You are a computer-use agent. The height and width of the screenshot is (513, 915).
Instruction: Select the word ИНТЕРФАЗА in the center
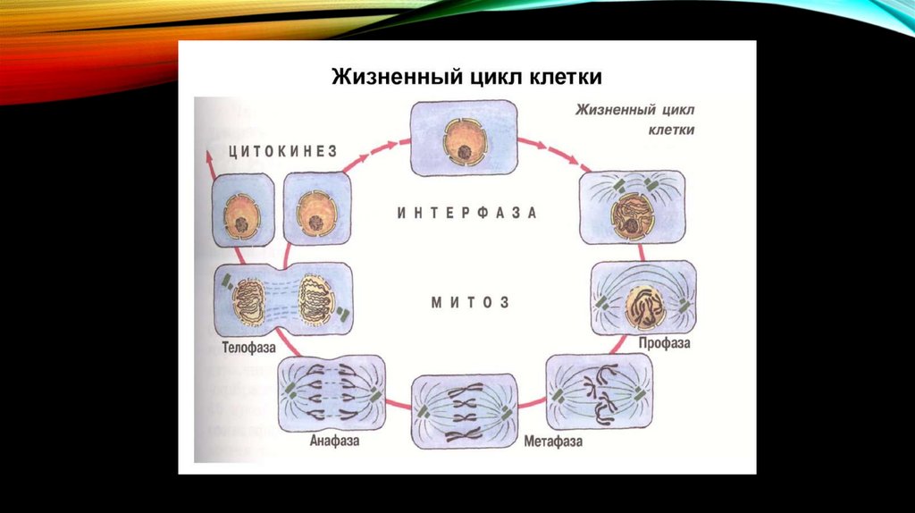coord(466,214)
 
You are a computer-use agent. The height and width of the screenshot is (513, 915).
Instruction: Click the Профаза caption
coord(665,342)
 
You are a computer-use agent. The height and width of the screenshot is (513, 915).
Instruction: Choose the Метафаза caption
coord(553,442)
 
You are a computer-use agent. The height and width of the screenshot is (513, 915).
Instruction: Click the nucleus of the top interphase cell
coord(464,140)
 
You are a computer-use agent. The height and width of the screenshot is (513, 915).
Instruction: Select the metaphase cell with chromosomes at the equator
coord(464,411)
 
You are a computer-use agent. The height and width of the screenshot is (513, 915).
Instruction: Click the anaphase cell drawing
coord(332,393)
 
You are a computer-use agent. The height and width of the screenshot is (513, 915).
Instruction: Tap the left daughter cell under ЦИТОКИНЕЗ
coord(242,210)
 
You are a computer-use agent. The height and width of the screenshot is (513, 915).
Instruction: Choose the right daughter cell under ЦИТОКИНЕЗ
coord(317,210)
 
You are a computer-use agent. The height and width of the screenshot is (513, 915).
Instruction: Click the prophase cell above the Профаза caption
coord(643,299)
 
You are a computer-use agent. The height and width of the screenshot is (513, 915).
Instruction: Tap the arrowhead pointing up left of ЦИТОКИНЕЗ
coord(209,154)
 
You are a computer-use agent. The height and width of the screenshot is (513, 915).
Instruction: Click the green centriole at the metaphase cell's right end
coord(508,412)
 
